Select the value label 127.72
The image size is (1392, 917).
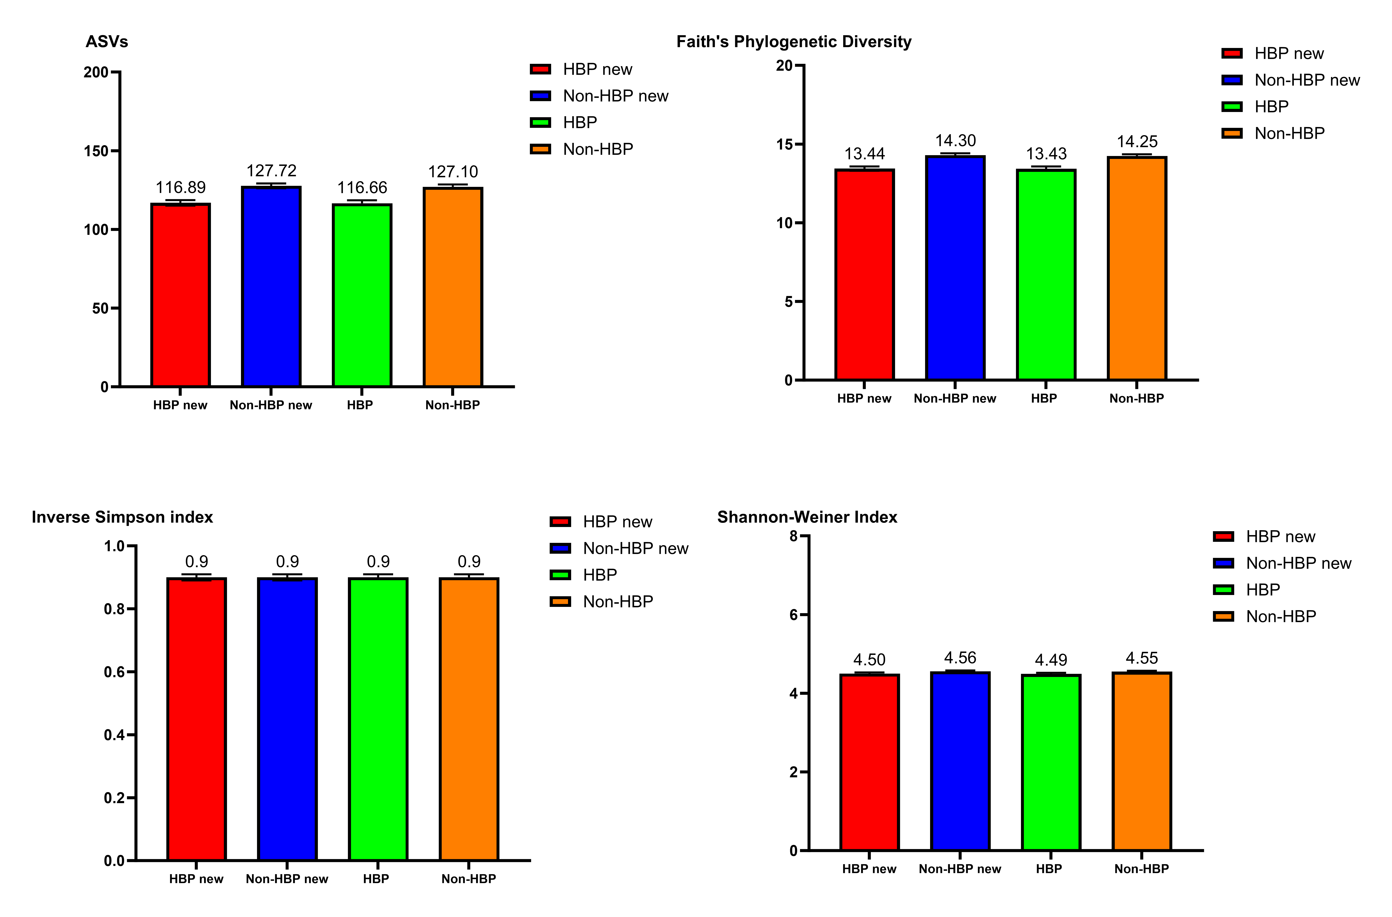271,171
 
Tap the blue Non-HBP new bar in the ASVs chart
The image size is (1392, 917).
271,287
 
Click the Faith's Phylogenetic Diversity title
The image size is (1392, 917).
794,42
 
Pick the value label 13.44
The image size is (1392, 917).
864,154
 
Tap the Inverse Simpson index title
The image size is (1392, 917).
122,517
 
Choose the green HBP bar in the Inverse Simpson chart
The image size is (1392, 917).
378,720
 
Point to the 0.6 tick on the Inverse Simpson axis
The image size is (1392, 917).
115,672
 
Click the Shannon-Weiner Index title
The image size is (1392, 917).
807,517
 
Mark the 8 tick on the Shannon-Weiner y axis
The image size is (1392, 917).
794,536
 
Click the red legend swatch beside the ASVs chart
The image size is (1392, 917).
540,69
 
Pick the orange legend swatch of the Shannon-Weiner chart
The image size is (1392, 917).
1224,616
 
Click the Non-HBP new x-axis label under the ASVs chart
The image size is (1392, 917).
271,405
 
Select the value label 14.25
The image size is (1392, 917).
1137,142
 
